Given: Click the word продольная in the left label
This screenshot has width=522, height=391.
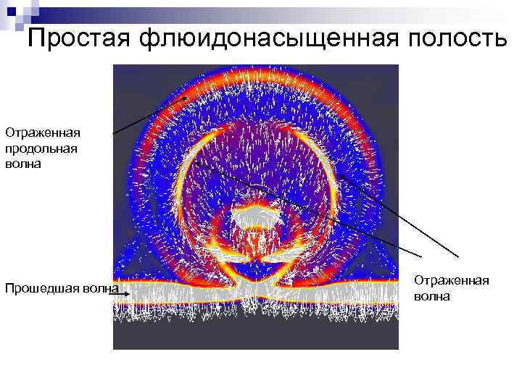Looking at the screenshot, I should click(x=41, y=148).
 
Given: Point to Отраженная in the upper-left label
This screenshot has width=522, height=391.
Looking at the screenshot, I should click(x=42, y=133).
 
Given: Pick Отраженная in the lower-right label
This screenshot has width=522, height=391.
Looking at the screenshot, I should click(x=451, y=281).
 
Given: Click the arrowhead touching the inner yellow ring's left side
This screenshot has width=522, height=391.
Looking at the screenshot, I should click(x=199, y=164).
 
